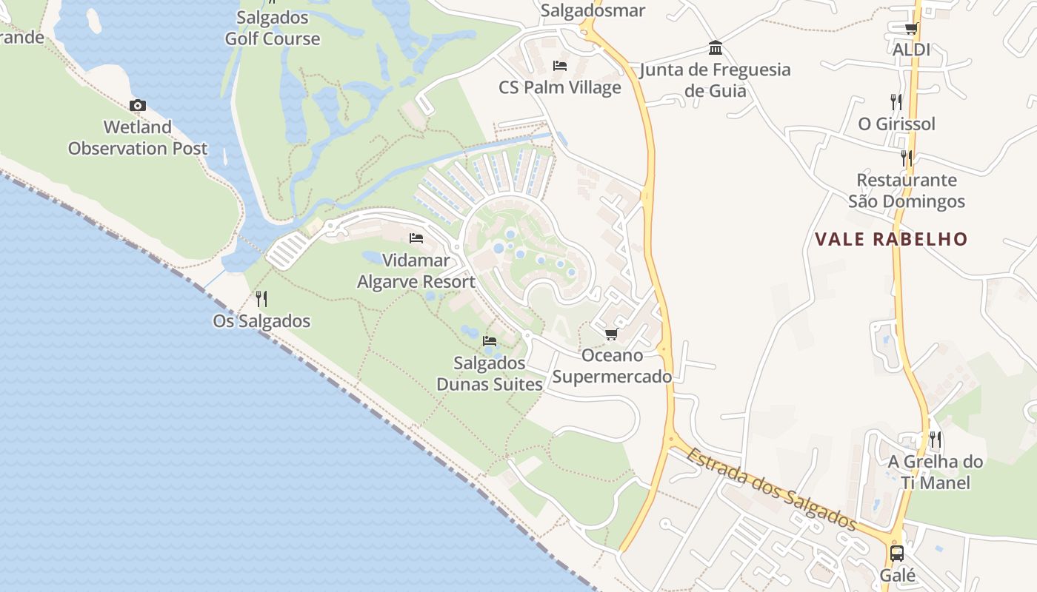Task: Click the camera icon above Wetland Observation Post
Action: point(138,106)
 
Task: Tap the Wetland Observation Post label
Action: point(138,138)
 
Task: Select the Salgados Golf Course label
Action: point(273,28)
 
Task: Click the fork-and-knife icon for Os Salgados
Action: point(261,299)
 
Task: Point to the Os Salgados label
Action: point(261,321)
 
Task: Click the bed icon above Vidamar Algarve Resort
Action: point(416,238)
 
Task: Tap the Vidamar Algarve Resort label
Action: point(416,271)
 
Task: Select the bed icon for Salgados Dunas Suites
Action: point(490,341)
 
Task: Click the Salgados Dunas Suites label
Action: point(490,374)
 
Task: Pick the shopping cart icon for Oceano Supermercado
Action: point(612,334)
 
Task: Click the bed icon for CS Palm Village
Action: point(560,66)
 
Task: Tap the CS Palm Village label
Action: point(560,87)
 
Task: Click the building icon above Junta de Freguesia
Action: point(716,48)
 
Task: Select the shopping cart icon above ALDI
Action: point(911,29)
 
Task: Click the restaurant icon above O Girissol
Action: point(896,102)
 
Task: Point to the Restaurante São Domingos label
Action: point(907,190)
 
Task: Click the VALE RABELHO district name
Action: point(891,239)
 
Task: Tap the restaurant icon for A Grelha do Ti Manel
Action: point(936,440)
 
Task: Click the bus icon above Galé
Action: point(897,553)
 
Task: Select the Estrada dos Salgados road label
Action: point(771,489)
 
